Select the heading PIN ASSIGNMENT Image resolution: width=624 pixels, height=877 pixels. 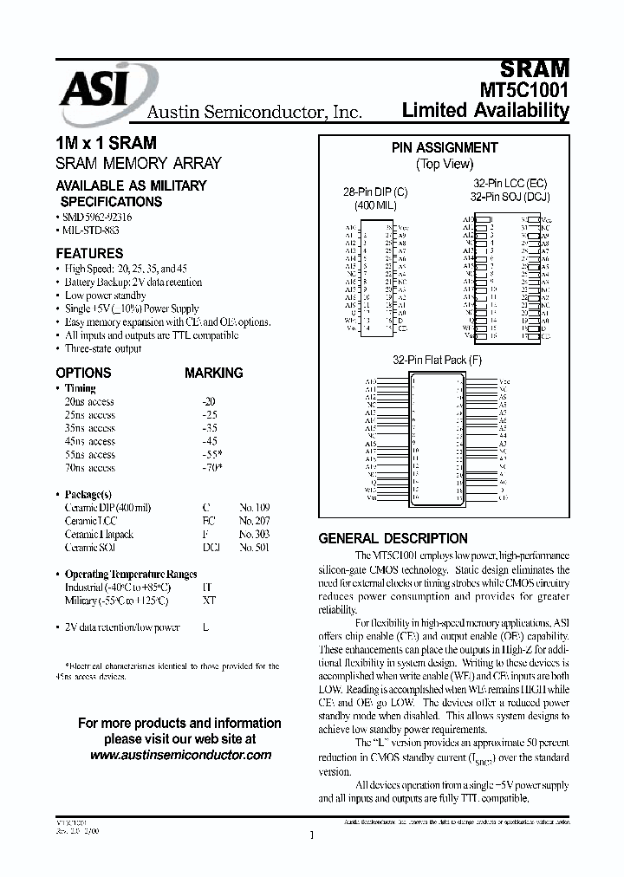coord(445,148)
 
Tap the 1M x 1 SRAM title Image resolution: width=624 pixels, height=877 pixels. coord(106,143)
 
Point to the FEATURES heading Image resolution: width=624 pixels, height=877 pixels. coord(89,254)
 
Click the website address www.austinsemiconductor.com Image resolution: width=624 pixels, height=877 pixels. coord(180,755)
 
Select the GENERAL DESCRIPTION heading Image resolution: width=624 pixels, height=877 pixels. coord(393,538)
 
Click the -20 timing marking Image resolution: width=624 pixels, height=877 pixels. coord(209,402)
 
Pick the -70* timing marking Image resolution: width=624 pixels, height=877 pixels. coord(211,468)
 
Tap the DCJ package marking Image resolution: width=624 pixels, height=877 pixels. coord(211,548)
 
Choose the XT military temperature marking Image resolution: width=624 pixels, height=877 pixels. coord(209,601)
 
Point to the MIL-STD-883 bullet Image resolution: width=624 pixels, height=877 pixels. coord(92,231)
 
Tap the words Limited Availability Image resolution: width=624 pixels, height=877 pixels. coord(485,111)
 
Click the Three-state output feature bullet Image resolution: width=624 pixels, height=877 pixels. coord(103,348)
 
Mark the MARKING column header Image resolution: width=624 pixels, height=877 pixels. coord(213,373)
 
